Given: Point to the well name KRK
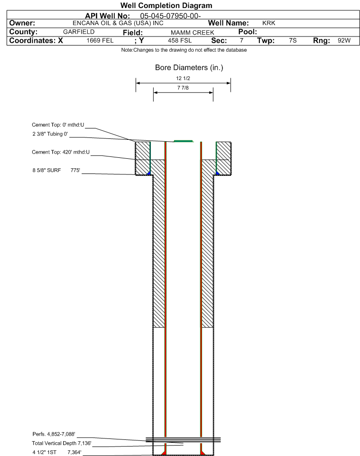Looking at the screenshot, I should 269,23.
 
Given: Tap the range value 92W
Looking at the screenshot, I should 344,41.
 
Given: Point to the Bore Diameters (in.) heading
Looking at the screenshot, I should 189,68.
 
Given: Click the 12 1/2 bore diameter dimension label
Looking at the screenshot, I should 183,78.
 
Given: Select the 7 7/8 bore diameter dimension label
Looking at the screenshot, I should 183,88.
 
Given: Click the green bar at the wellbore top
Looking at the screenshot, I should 184,141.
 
